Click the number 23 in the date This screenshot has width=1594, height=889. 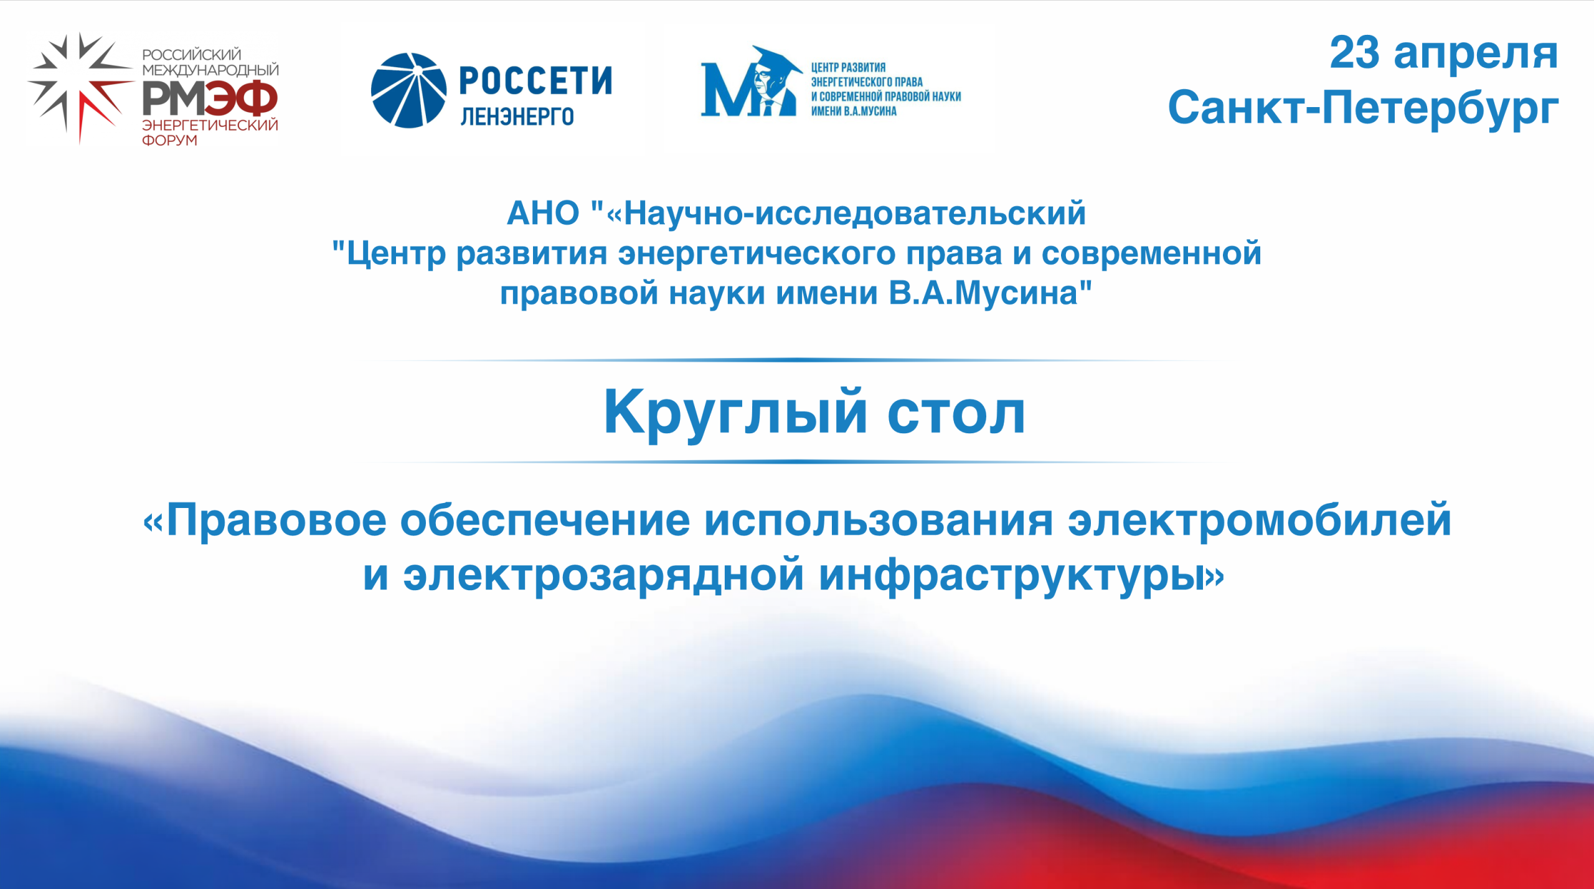pyautogui.click(x=1355, y=52)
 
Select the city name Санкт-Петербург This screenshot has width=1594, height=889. pyautogui.click(x=1363, y=108)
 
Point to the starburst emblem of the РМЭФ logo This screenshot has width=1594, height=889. pyautogui.click(x=79, y=87)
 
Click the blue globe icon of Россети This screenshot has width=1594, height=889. pyautogui.click(x=408, y=90)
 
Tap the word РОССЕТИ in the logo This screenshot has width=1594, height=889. pyautogui.click(x=535, y=81)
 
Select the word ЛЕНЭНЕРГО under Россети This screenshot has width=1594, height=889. pyautogui.click(x=517, y=116)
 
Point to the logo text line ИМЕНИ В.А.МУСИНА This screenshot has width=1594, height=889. pyautogui.click(x=854, y=111)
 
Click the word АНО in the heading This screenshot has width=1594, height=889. pyautogui.click(x=543, y=214)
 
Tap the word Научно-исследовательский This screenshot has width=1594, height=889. pyautogui.click(x=855, y=214)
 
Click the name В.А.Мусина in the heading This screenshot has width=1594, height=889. pyautogui.click(x=983, y=293)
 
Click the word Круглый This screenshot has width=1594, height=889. pyautogui.click(x=735, y=412)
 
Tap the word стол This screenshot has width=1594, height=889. pyautogui.click(x=956, y=413)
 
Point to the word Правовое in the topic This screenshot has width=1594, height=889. pyautogui.click(x=276, y=520)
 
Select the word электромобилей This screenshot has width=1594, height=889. pyautogui.click(x=1260, y=520)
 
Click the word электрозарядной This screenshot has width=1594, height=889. pyautogui.click(x=603, y=576)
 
